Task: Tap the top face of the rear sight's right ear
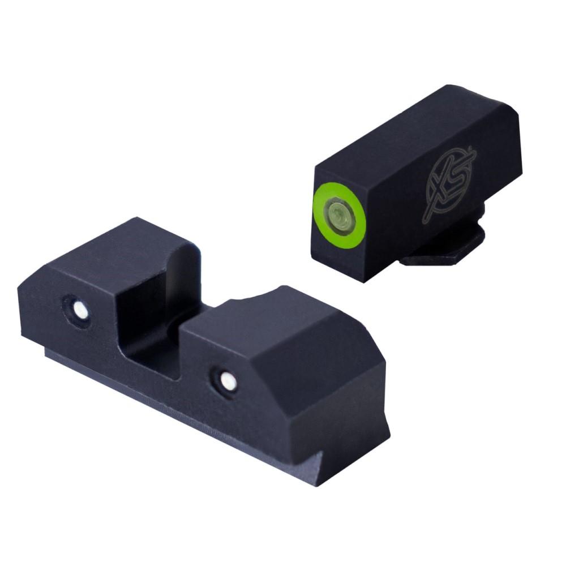pos(272,323)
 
